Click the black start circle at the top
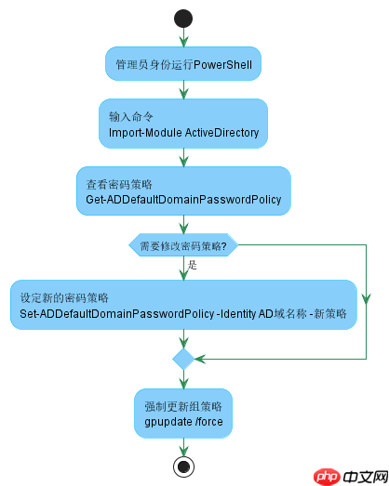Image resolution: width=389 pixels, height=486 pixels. coord(183,19)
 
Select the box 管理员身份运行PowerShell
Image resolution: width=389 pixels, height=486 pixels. coord(183,65)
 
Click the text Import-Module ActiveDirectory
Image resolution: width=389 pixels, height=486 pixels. coord(183,133)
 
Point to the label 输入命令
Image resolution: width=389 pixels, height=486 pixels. coord(130,117)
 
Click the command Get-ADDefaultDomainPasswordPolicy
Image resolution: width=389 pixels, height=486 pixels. coord(183,200)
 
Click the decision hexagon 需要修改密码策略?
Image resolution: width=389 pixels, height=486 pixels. coord(183,245)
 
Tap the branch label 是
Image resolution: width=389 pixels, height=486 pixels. coord(193,266)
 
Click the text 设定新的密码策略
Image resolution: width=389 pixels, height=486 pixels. coord(65,298)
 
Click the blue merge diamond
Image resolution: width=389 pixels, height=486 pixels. coord(183,358)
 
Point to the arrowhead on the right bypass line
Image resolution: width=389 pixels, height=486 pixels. coord(366,299)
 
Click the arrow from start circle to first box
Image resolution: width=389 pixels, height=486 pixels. coord(183,37)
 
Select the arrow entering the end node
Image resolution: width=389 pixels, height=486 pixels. coord(183,447)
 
